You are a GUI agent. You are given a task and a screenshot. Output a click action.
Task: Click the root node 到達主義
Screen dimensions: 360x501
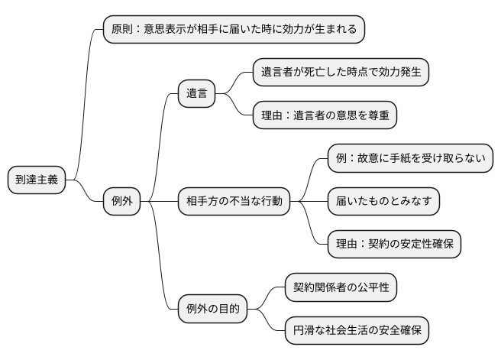pos(37,180)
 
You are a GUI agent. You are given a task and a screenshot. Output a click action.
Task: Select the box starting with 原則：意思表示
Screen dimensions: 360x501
pos(234,30)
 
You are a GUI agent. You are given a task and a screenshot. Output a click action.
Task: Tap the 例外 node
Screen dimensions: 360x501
pos(122,201)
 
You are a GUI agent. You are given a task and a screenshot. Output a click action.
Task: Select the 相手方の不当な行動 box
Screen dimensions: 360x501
pos(234,201)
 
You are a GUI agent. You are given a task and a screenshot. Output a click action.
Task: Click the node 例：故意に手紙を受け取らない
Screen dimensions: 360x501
pos(409,160)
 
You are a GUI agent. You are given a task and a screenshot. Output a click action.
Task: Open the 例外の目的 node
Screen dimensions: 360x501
pos(213,309)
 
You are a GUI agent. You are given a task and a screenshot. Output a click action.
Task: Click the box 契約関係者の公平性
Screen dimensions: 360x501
pos(341,288)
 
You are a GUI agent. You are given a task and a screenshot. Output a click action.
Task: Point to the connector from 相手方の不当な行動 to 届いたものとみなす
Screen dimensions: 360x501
pos(309,201)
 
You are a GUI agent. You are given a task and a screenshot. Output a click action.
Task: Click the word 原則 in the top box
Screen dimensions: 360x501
pos(123,30)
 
